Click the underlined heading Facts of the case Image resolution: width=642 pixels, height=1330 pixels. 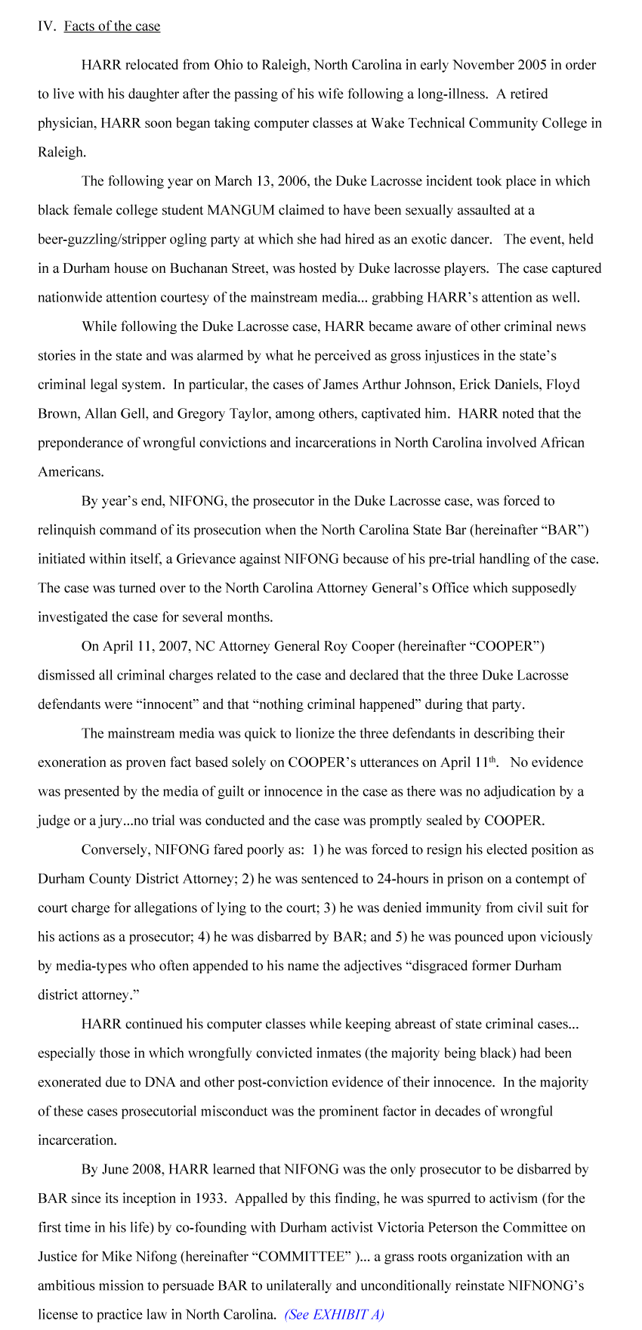112,26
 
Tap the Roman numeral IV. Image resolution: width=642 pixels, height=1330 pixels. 47,26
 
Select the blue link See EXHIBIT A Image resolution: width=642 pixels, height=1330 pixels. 334,1314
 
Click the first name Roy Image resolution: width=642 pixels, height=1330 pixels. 335,646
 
